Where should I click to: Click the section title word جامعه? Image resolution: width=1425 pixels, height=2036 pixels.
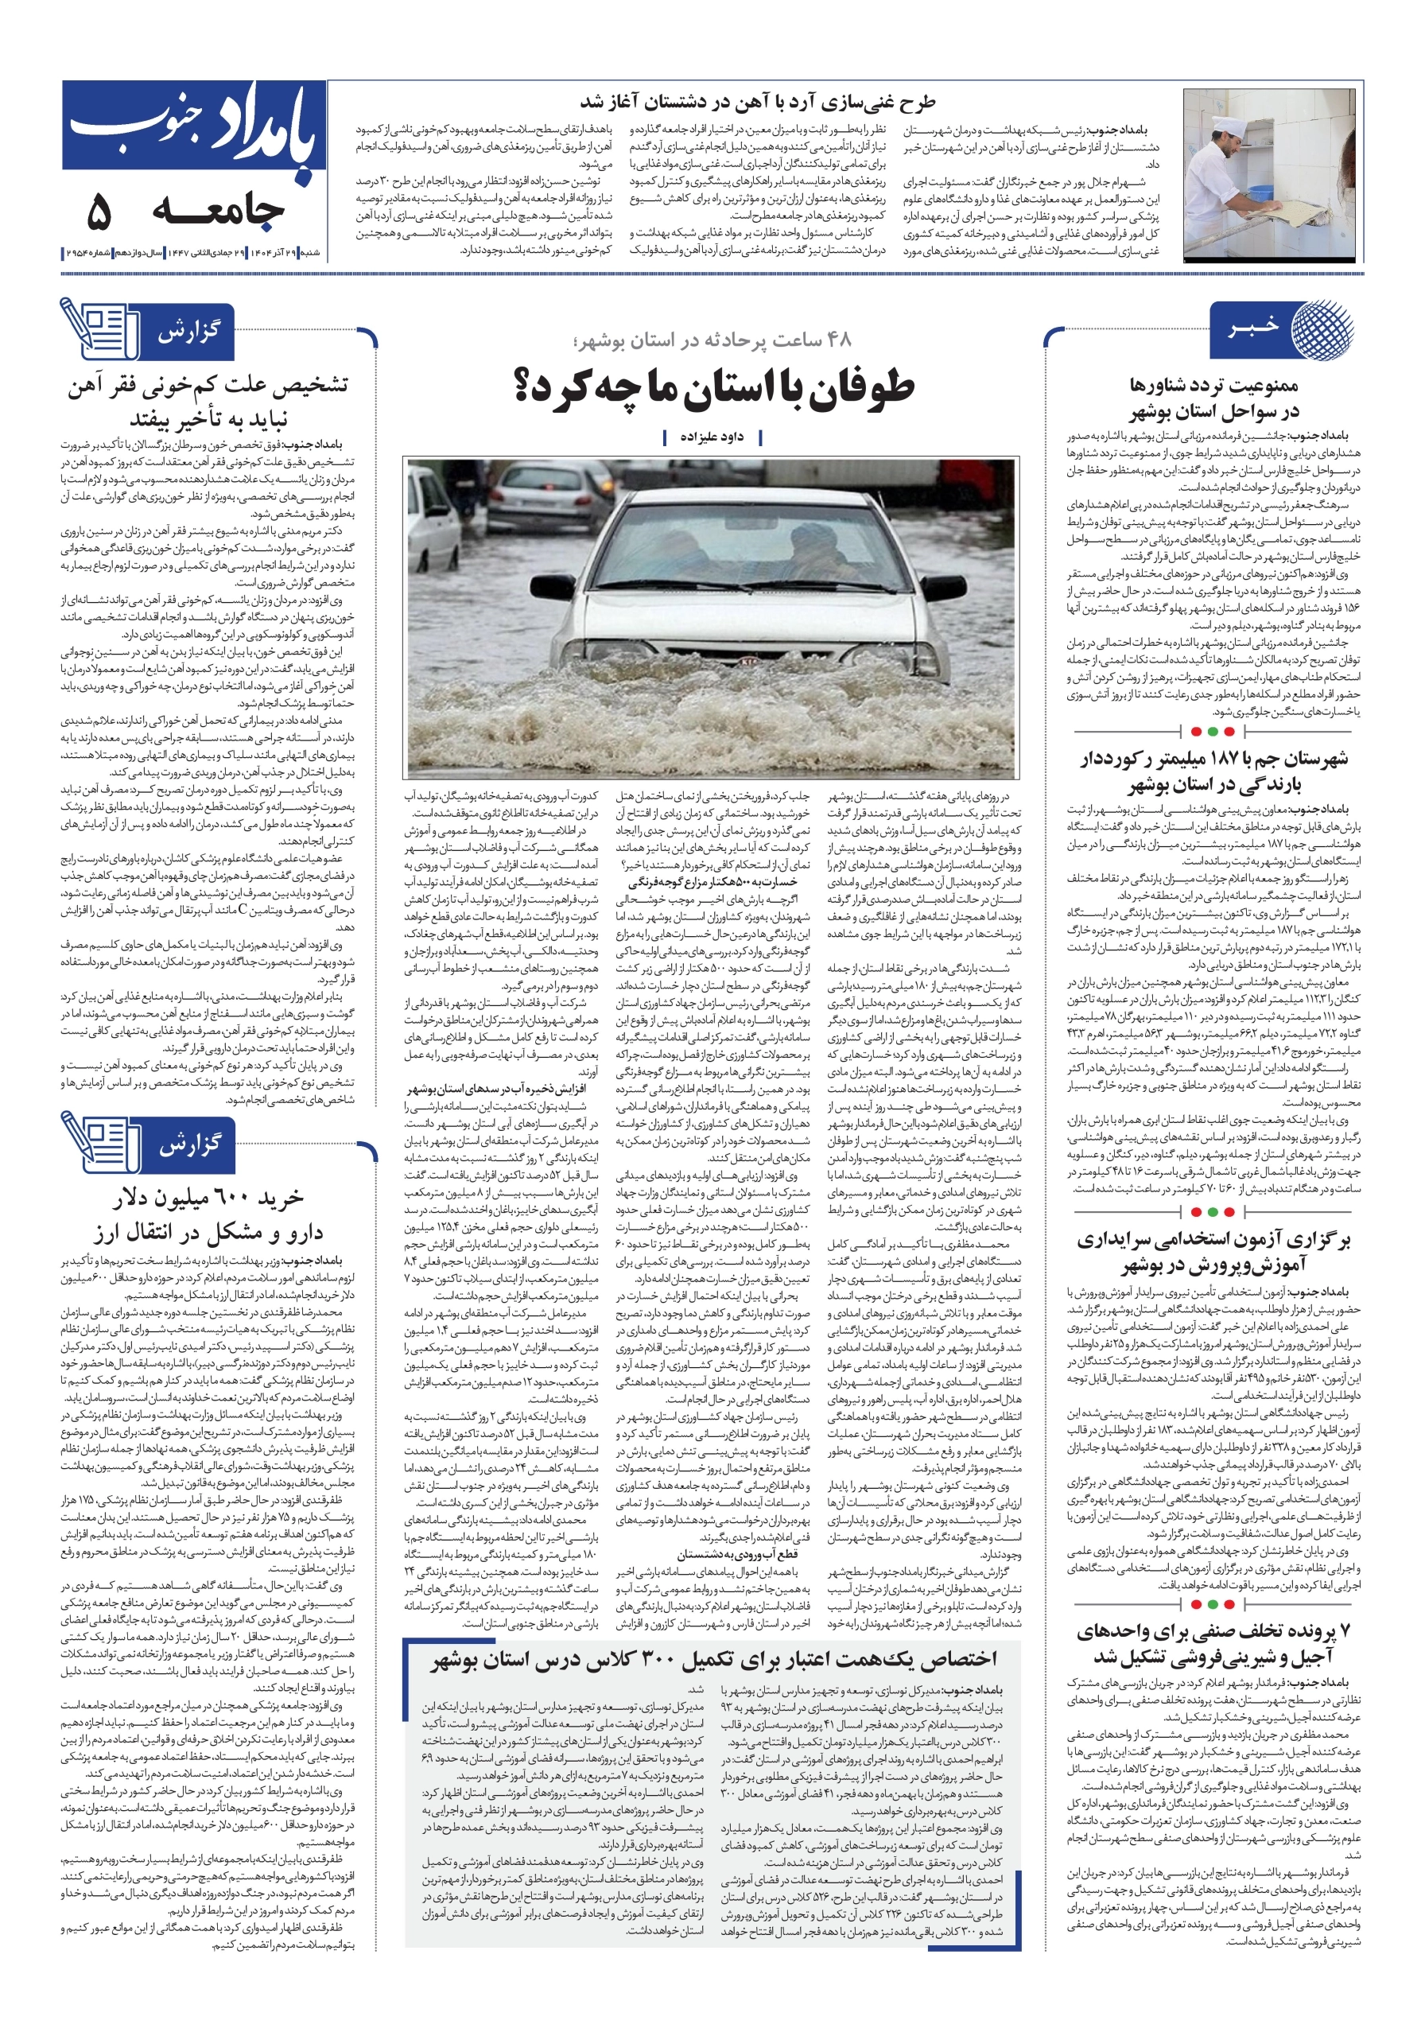pyautogui.click(x=218, y=211)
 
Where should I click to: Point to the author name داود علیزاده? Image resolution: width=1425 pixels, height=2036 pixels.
pyautogui.click(x=712, y=437)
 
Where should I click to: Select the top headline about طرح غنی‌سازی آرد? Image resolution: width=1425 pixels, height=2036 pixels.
pyautogui.click(x=757, y=103)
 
